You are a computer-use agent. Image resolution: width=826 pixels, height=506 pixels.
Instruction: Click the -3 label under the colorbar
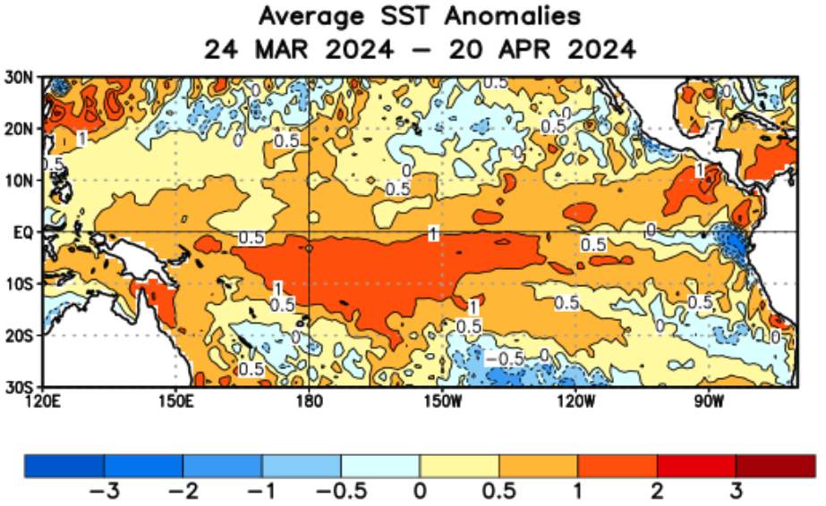click(104, 492)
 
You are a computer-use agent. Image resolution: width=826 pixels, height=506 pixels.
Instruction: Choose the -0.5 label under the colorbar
click(340, 492)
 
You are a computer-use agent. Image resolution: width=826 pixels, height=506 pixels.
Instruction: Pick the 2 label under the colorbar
click(657, 492)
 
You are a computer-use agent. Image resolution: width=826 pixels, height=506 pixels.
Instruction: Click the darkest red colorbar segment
click(775, 465)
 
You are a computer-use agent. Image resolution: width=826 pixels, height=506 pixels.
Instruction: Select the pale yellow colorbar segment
click(459, 465)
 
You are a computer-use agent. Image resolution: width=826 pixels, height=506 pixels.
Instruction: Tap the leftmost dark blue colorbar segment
click(64, 465)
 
